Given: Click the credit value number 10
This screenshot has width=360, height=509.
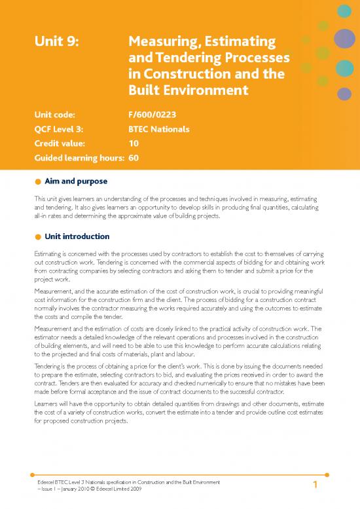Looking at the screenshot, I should coord(134,143).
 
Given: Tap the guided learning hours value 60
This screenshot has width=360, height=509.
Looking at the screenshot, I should coord(134,158).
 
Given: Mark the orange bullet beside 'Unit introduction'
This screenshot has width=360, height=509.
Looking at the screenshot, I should coord(39,236).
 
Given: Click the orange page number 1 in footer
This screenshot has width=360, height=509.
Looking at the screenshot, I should coord(315,485).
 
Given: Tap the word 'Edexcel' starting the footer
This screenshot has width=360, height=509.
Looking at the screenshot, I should coord(47,482).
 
